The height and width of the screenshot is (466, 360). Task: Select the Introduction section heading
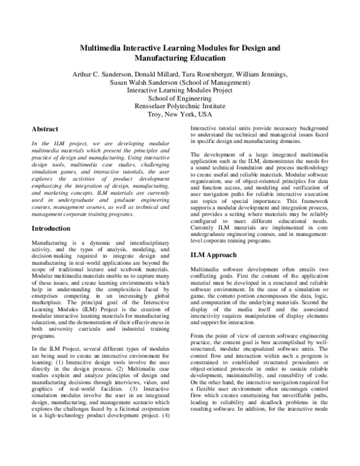(x=55, y=229)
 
